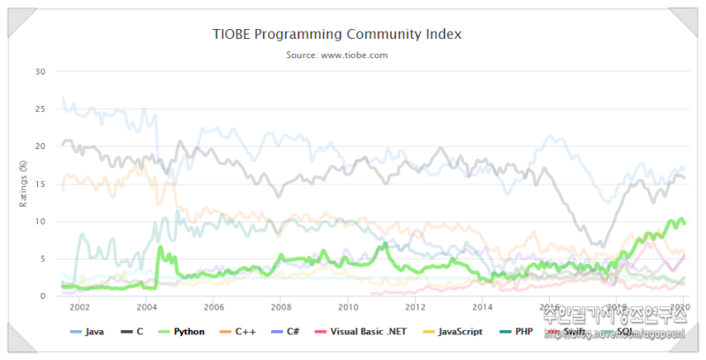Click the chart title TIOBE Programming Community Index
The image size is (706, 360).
point(337,34)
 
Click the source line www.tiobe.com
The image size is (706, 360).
point(337,55)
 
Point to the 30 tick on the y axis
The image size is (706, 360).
point(40,71)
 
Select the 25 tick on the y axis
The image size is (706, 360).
point(40,109)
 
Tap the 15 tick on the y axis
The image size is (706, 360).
point(40,184)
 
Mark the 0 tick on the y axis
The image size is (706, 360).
point(42,296)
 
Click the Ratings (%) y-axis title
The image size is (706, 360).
point(23,184)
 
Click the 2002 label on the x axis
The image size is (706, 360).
point(79,307)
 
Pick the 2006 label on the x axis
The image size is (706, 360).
point(213,307)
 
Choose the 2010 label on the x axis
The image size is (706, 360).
point(348,307)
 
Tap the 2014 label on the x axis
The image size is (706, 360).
point(482,307)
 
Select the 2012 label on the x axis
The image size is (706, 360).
point(415,307)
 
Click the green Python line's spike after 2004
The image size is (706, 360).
point(160,248)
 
